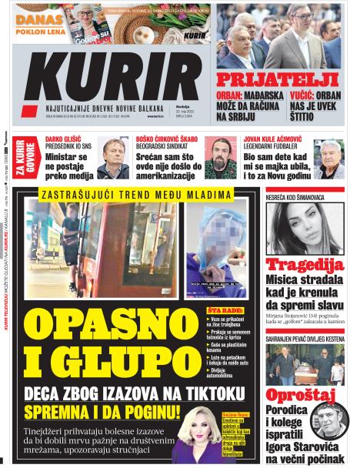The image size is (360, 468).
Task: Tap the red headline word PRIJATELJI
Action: [x=277, y=79]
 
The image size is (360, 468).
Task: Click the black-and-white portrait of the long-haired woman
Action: [x=306, y=228]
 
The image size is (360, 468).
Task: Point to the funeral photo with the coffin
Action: [x=305, y=365]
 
